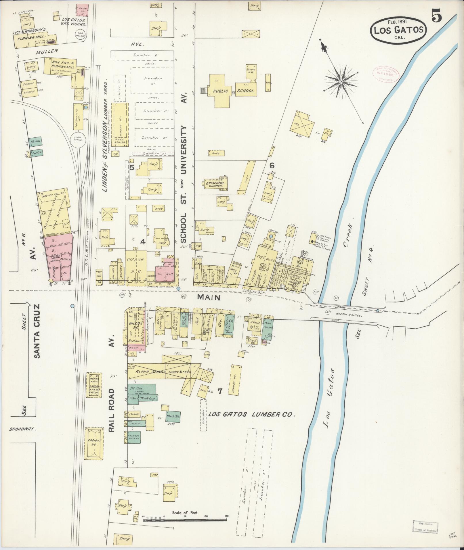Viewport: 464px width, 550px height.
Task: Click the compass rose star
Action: pos(341,82)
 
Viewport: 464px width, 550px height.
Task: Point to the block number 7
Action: pos(220,391)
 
